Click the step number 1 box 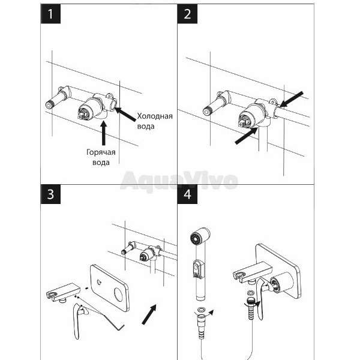tap(50, 14)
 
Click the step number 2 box tap(187, 14)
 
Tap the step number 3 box tap(50, 194)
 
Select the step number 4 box tap(187, 194)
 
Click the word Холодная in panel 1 tap(155, 116)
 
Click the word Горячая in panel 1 tap(101, 152)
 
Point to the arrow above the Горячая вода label tap(104, 133)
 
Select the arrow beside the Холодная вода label tap(125, 114)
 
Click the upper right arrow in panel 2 tap(292, 99)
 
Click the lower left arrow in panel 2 tap(247, 136)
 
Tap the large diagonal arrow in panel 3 tap(149, 314)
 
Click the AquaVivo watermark tap(179, 181)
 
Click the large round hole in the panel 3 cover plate tap(120, 295)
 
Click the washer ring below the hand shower tap(202, 309)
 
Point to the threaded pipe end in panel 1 tap(50, 104)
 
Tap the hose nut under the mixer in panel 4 tap(250, 304)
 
